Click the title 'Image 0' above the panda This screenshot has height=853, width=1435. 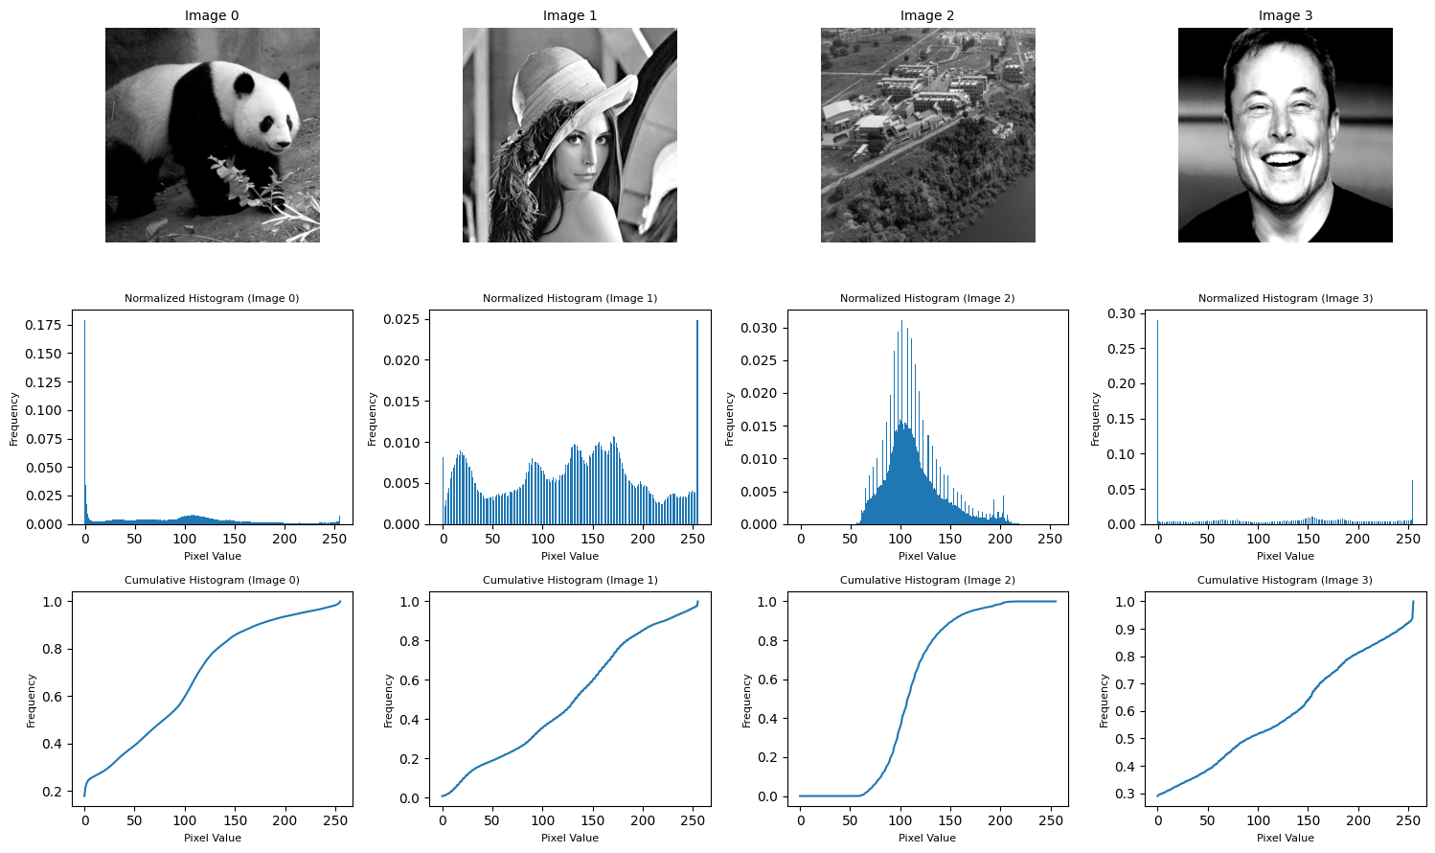tap(212, 15)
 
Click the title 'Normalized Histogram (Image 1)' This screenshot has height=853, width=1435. tap(570, 298)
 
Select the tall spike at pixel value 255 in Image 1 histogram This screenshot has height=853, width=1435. tap(697, 422)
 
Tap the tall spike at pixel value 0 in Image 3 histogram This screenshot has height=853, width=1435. tap(1158, 422)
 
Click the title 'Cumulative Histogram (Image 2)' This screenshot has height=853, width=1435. tap(927, 580)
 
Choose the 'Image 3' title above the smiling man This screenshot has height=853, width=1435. tap(1285, 15)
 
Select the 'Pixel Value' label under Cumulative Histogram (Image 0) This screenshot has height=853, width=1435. tap(212, 838)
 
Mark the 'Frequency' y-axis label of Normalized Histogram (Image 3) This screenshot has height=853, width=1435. tap(1096, 419)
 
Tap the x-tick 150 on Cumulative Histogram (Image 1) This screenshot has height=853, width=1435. tap(593, 820)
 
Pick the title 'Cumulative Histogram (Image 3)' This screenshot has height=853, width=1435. tap(1285, 580)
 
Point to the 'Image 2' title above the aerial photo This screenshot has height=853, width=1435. tap(927, 15)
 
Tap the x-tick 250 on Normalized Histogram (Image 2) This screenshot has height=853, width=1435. tap(1050, 539)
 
